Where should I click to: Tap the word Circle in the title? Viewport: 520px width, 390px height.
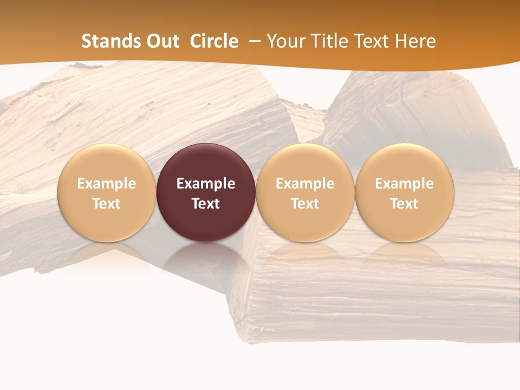pos(214,41)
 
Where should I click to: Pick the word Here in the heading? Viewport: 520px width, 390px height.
pos(415,41)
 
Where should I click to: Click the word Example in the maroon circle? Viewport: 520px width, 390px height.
pos(206,184)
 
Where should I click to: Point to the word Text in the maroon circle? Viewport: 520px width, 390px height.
pos(206,204)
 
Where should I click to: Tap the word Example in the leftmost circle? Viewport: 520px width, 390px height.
pos(107,184)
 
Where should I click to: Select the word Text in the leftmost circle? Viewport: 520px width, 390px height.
pos(107,204)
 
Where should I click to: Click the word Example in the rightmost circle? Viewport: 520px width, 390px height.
pos(404,184)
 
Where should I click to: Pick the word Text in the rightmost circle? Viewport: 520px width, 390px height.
pos(404,204)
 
